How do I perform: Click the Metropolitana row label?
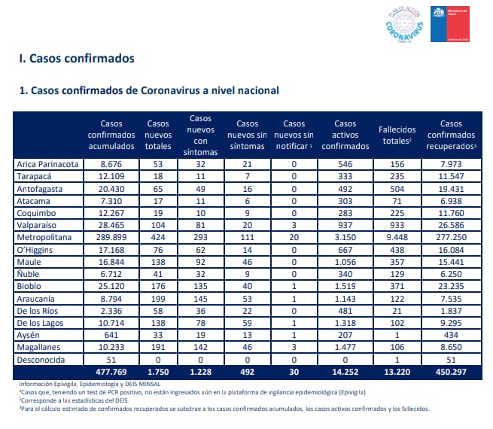click(x=44, y=237)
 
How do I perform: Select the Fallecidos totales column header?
click(x=397, y=135)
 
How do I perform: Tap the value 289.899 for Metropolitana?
click(x=111, y=237)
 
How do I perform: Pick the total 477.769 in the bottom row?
click(x=111, y=372)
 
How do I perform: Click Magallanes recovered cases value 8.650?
click(x=451, y=347)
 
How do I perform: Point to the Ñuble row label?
click(x=28, y=274)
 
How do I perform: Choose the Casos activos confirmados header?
click(x=345, y=135)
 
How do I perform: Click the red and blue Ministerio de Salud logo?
click(x=450, y=24)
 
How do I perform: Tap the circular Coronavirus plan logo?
click(x=404, y=24)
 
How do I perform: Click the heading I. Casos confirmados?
click(x=77, y=59)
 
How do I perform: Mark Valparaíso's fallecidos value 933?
click(x=397, y=225)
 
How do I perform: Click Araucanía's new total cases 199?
click(x=158, y=299)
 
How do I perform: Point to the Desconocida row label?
click(x=41, y=360)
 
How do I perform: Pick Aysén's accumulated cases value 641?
click(x=111, y=335)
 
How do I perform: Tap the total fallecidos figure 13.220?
click(x=397, y=372)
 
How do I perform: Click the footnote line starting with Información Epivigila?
click(x=90, y=384)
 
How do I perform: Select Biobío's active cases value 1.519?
click(x=345, y=286)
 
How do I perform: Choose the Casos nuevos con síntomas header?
click(x=201, y=135)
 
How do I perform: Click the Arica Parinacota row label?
click(x=47, y=164)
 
